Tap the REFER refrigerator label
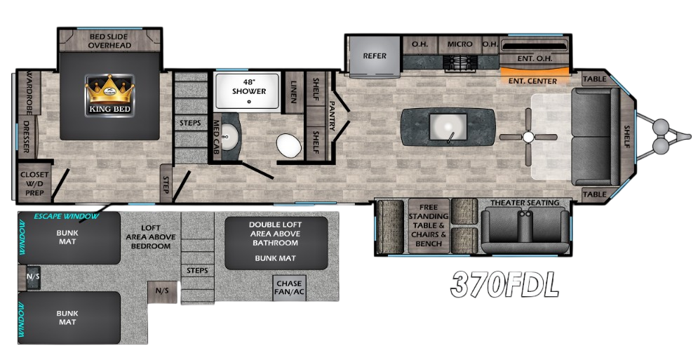tap(375, 56)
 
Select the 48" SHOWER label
tap(248, 87)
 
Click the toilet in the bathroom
tap(288, 145)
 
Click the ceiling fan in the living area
tap(528, 137)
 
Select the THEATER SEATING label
tap(525, 203)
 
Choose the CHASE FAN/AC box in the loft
tap(288, 288)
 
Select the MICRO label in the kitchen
tap(459, 44)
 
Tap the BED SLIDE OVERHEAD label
tap(109, 41)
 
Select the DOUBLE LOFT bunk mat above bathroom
tap(276, 243)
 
